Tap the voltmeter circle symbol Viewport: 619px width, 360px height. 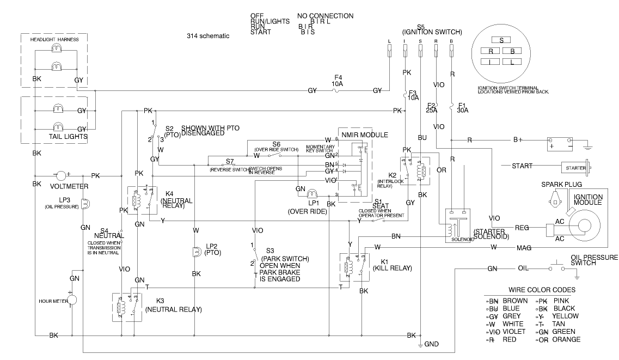pos(59,176)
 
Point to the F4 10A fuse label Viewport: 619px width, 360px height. pos(338,81)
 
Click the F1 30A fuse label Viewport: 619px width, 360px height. pos(462,107)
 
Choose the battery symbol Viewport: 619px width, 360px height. pos(561,144)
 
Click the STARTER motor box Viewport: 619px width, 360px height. pos(576,168)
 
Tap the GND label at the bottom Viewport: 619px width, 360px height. pos(431,345)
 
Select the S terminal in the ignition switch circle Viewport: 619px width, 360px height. pos(501,40)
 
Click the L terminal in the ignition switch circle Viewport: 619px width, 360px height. pos(512,62)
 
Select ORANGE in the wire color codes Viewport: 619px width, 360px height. pos(566,339)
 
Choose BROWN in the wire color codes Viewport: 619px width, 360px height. pos(515,300)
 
